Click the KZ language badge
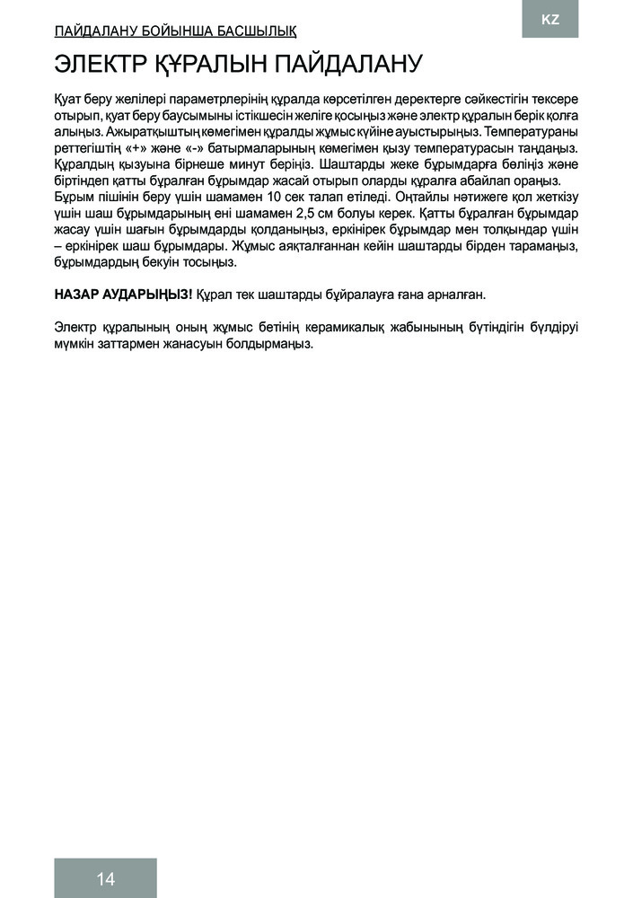[x=550, y=20]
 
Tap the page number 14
[x=105, y=878]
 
